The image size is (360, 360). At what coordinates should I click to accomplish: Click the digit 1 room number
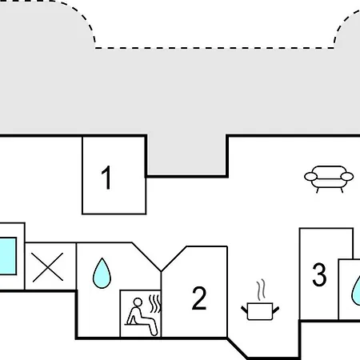point(107,178)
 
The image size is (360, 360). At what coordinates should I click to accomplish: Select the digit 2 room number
point(199,298)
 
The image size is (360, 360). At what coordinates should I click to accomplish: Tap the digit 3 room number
point(319,274)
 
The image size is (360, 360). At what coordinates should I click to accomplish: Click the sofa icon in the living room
point(329,179)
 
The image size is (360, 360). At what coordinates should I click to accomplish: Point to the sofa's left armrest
point(311,177)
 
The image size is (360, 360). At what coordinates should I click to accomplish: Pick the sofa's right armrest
point(347,177)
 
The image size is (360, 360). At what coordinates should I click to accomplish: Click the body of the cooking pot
point(260,311)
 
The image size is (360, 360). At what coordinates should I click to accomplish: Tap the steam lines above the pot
point(262,290)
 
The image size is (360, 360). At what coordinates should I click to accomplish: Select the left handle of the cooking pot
point(244,310)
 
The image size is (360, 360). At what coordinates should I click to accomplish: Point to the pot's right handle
point(276,310)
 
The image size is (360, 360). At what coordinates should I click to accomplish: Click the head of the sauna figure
point(138,302)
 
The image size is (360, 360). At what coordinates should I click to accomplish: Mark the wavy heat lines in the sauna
point(155,304)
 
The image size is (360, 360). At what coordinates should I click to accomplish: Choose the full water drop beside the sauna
point(102,274)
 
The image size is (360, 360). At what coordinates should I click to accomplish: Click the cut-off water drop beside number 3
point(356,291)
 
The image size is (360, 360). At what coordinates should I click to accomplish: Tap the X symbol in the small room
point(47,267)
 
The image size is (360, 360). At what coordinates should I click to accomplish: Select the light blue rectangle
point(8,256)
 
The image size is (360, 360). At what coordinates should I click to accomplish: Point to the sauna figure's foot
point(154,333)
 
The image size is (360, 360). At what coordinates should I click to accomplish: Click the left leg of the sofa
point(318,190)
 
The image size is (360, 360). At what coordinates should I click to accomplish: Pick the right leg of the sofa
point(342,190)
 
